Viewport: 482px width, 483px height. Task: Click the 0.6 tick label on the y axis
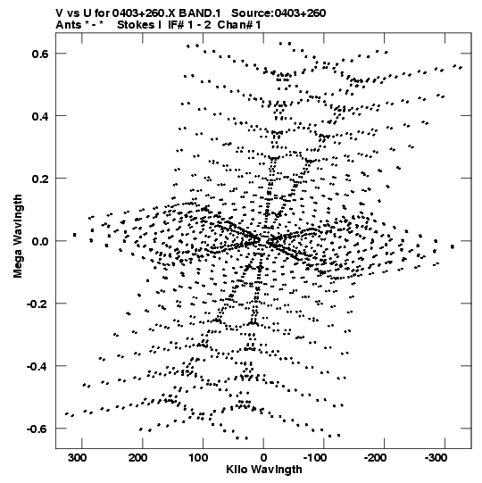40,54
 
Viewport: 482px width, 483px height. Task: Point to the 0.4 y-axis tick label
40,116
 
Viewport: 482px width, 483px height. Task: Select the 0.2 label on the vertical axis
40,179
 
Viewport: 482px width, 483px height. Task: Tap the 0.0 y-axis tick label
40,241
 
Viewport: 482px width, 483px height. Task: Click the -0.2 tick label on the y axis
37,304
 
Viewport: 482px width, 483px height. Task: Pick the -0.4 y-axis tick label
37,366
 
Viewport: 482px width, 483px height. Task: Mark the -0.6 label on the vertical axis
37,429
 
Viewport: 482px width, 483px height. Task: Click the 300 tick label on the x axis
78,458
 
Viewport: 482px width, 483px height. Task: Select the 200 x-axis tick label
138,458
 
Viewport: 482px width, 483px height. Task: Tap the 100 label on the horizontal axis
198,458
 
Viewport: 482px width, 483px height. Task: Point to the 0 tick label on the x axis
263,458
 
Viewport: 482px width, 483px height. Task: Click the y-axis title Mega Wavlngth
18,237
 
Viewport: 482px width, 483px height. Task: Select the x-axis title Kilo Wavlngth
264,470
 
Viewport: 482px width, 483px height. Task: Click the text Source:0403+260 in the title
278,12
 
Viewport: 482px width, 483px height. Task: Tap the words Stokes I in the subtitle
139,25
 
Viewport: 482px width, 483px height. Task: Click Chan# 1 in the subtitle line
239,25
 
